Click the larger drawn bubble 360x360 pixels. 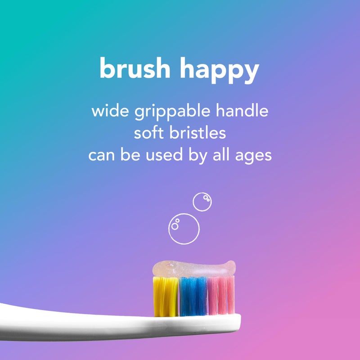[184, 228]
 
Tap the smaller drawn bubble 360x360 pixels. [202, 202]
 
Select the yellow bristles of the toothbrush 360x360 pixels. [166, 296]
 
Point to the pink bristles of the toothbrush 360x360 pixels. [220, 295]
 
